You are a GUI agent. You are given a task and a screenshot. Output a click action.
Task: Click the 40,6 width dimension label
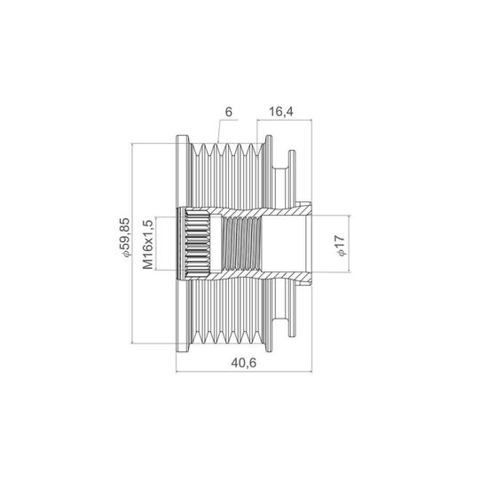(244, 363)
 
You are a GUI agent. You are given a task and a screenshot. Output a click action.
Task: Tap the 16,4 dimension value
(281, 112)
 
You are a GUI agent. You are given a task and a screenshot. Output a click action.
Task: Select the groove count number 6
(229, 112)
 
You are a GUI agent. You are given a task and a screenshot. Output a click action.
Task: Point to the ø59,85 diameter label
(124, 238)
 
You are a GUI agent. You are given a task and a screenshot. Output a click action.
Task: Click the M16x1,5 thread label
(148, 245)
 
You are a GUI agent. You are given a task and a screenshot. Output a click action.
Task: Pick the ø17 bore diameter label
(340, 246)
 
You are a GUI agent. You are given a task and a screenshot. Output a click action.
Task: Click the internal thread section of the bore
(241, 244)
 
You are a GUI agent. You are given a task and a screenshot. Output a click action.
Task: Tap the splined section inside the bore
(198, 244)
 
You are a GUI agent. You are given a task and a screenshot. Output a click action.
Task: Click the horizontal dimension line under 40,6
(244, 371)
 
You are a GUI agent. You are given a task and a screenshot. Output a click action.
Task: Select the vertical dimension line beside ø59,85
(132, 243)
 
